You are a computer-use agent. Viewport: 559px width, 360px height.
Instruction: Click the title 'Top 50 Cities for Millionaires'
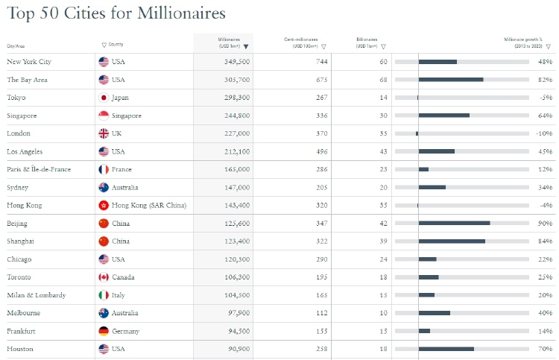click(116, 14)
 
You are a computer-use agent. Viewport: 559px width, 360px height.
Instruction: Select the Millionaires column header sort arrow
click(246, 46)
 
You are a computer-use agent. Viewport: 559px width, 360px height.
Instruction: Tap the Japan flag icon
click(104, 98)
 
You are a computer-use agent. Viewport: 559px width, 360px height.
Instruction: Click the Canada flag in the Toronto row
click(104, 277)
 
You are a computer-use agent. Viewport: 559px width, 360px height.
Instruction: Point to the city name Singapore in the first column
click(22, 116)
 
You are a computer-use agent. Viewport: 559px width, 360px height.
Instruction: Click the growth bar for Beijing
click(454, 224)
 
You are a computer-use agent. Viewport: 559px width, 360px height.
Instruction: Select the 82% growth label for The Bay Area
click(544, 80)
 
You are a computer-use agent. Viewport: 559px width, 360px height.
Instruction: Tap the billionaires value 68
click(383, 80)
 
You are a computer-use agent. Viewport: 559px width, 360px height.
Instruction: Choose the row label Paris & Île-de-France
click(39, 169)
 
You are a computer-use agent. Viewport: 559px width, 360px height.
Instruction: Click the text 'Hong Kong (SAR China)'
click(149, 206)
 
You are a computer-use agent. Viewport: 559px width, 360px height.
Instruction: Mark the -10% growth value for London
click(543, 133)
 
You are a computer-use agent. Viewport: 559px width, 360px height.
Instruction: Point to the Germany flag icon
click(104, 331)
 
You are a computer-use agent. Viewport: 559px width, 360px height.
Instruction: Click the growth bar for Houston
click(446, 349)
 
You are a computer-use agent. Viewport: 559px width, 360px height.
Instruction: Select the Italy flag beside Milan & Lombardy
click(104, 295)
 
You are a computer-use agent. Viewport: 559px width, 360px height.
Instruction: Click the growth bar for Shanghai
click(452, 241)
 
